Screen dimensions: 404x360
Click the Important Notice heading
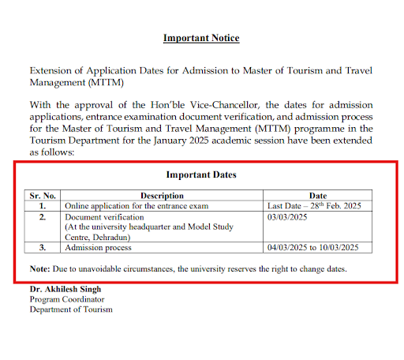point(201,38)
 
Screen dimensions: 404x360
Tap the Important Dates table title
point(201,174)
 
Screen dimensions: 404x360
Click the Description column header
point(162,195)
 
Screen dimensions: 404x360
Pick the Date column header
point(318,195)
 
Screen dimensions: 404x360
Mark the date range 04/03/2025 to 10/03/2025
point(314,248)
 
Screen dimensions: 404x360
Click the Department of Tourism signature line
point(71,309)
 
